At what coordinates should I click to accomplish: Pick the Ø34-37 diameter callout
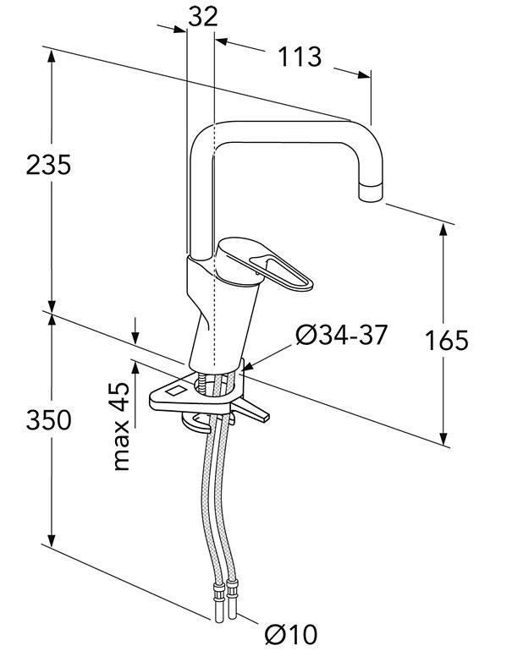coord(340,336)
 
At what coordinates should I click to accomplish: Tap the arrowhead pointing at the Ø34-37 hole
coord(247,365)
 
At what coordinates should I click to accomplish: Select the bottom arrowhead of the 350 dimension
coord(52,543)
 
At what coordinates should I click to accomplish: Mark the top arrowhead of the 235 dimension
coord(52,52)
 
